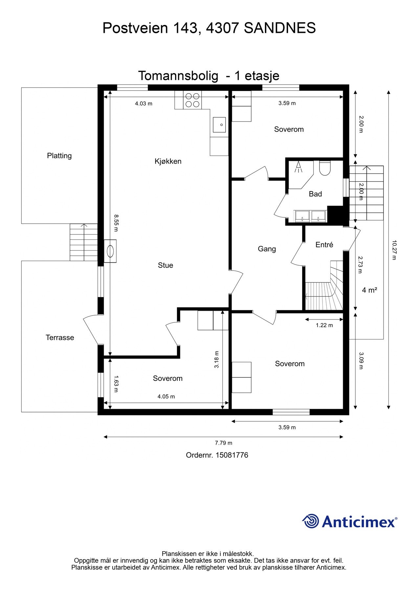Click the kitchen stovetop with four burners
(x=192, y=100)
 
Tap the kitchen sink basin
(x=219, y=125)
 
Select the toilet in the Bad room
(x=325, y=168)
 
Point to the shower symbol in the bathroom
(x=298, y=167)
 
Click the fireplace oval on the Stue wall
(x=110, y=251)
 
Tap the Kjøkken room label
(x=168, y=161)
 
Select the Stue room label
(x=165, y=265)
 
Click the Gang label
(x=267, y=249)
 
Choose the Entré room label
(x=324, y=245)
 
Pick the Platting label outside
(x=59, y=156)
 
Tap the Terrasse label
(x=60, y=338)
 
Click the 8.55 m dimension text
(x=116, y=223)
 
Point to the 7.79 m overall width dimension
(x=224, y=443)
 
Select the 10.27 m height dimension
(x=394, y=250)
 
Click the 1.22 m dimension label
(x=324, y=325)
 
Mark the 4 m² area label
(x=369, y=290)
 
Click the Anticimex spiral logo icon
(x=311, y=521)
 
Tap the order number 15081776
(x=232, y=455)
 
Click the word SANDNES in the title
(x=280, y=28)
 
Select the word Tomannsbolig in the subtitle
(x=178, y=76)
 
